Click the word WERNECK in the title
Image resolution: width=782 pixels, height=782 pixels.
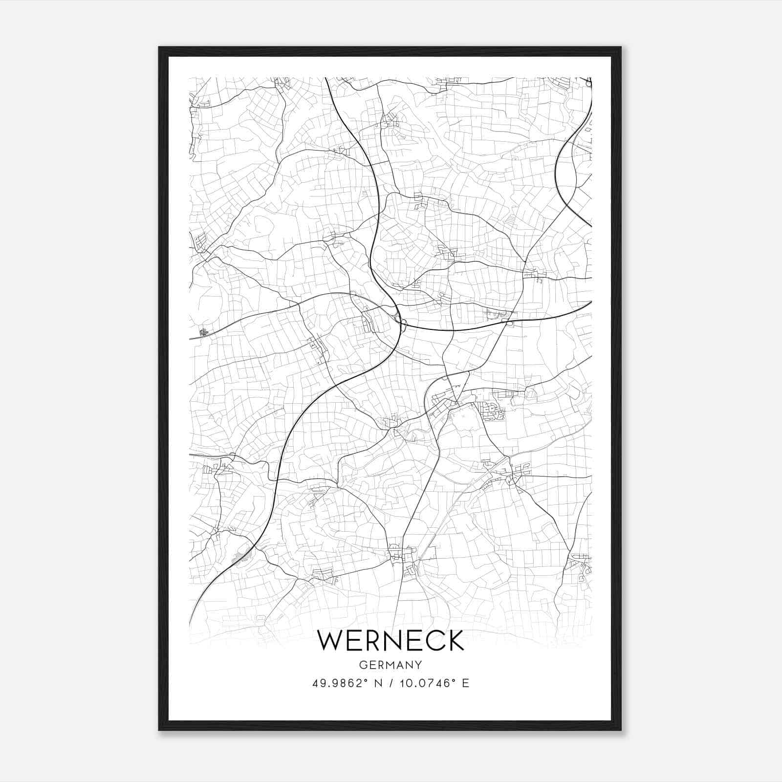tap(391, 640)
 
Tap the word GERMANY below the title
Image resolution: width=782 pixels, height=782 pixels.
tap(391, 665)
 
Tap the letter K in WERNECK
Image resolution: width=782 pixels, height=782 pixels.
tap(455, 640)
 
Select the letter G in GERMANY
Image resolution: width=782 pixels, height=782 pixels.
tap(363, 665)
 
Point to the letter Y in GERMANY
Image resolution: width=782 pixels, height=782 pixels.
tap(418, 665)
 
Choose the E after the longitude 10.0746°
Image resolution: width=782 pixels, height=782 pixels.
tap(465, 683)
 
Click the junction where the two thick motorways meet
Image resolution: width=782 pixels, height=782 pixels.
tap(401, 323)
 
